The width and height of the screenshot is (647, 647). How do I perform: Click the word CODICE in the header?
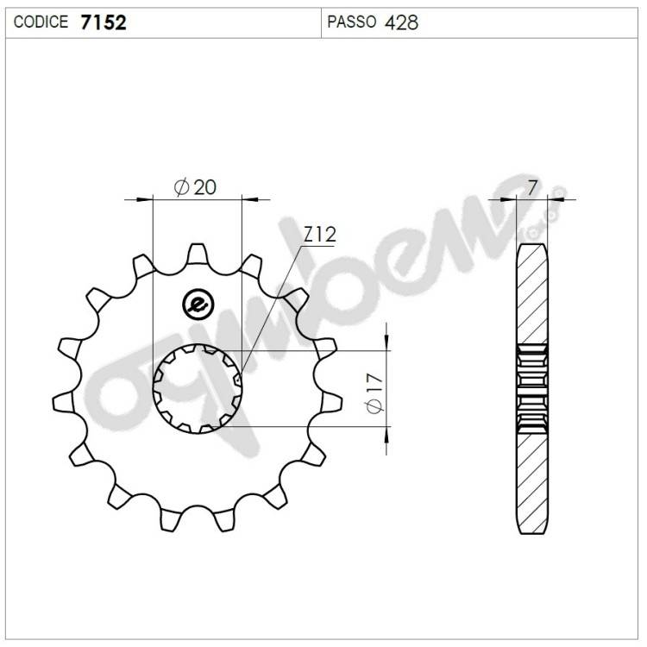(x=41, y=22)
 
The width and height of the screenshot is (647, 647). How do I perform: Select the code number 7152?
(x=104, y=22)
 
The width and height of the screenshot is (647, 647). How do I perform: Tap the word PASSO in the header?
(x=352, y=22)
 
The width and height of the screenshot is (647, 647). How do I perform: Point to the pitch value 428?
(x=401, y=22)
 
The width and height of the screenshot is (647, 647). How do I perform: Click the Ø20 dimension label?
(x=195, y=187)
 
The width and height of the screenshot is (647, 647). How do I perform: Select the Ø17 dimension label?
(x=374, y=393)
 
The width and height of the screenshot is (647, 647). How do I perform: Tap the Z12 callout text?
(x=320, y=235)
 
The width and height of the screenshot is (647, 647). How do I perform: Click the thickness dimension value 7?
(x=532, y=188)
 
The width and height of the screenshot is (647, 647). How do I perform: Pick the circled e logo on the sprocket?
(x=198, y=305)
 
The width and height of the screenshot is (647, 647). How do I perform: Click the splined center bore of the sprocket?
(x=198, y=389)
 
